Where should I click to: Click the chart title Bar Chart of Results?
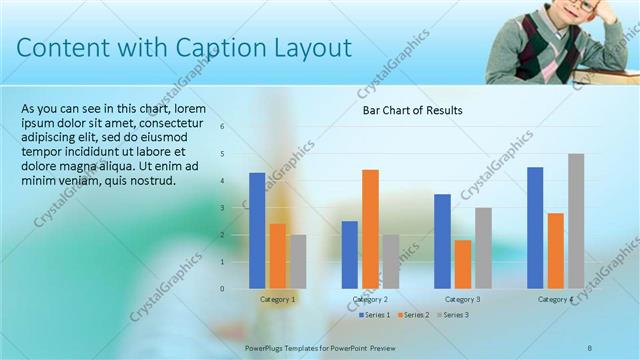412,111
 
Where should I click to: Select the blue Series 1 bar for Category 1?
257,230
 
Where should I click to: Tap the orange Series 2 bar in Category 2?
370,228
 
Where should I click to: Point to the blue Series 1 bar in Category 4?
535,227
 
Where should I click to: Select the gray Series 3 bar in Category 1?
298,261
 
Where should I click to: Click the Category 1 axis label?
278,299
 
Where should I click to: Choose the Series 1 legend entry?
376,315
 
